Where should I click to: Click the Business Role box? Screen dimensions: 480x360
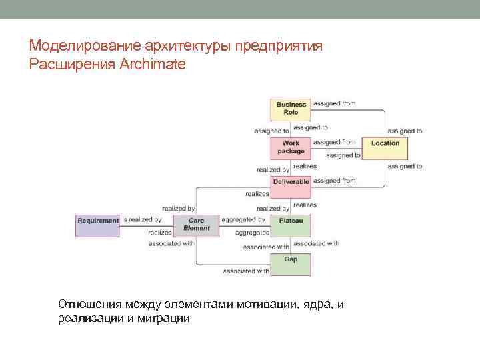click(291, 109)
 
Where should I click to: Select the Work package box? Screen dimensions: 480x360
click(291, 147)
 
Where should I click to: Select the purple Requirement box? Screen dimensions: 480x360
click(98, 225)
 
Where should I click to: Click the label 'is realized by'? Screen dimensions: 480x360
click(142, 219)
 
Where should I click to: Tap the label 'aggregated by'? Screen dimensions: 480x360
click(243, 219)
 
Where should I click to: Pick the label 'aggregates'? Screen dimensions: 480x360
click(251, 233)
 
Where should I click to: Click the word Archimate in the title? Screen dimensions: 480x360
click(154, 65)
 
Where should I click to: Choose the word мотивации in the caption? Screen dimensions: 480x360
click(254, 304)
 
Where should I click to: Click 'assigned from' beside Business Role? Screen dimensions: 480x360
click(334, 103)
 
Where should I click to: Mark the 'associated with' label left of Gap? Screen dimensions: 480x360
click(246, 271)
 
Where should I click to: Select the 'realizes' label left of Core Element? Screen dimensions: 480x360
click(160, 233)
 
